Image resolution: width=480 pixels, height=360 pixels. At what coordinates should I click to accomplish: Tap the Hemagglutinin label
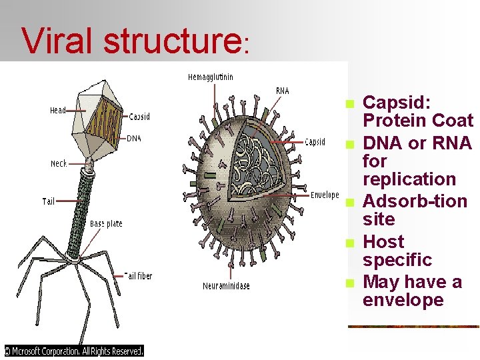[x=211, y=77]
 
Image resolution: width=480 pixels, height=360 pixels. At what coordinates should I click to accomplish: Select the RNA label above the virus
[x=283, y=91]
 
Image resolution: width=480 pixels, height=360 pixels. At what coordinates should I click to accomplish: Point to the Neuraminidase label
[x=227, y=286]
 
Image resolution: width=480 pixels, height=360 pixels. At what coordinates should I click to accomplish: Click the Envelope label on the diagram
[x=325, y=195]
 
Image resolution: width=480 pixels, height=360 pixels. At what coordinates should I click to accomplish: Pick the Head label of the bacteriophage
[x=58, y=111]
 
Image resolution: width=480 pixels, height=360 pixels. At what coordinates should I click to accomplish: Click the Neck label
[x=59, y=163]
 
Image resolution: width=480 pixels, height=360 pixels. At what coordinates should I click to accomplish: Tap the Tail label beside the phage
[x=49, y=201]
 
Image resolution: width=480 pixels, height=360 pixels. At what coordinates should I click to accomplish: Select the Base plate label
[x=106, y=224]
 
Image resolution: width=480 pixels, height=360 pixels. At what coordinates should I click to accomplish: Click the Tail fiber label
[x=138, y=275]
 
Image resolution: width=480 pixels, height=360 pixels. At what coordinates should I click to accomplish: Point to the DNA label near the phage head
[x=134, y=139]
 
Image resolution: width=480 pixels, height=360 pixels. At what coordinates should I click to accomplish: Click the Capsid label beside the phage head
[x=139, y=117]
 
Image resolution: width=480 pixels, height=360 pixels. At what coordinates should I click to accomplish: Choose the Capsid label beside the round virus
[x=315, y=142]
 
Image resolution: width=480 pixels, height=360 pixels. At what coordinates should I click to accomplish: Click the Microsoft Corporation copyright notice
[x=74, y=351]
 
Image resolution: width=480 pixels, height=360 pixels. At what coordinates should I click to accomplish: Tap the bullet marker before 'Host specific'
[x=349, y=243]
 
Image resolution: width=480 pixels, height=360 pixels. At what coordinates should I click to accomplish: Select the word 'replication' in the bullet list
[x=409, y=179]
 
